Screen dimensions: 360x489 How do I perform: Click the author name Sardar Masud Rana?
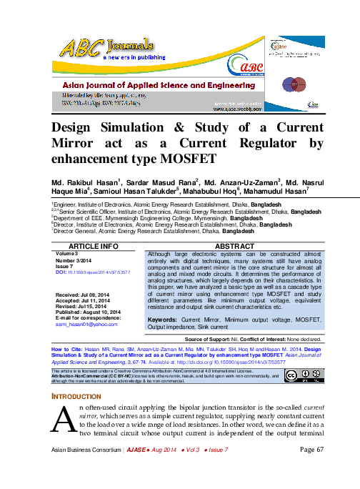coord(167,182)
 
